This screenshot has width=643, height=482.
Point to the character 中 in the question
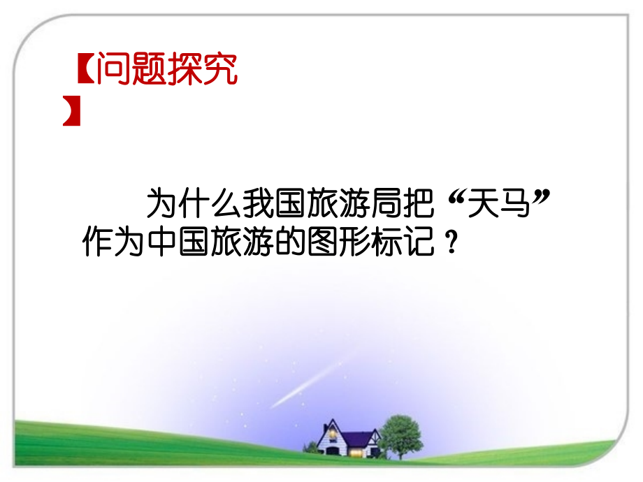coord(160,243)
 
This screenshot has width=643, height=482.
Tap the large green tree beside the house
coord(400,433)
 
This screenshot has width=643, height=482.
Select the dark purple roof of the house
coord(356,439)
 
